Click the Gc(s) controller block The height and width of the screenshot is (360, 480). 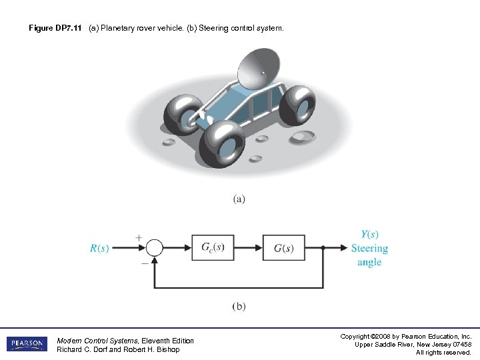pyautogui.click(x=213, y=248)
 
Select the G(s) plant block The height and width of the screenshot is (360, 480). pyautogui.click(x=284, y=248)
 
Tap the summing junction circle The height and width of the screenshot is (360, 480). pyautogui.click(x=154, y=248)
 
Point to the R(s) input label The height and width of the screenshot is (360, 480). pyautogui.click(x=99, y=249)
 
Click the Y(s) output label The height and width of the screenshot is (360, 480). pyautogui.click(x=369, y=234)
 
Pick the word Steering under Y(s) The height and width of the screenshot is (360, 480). pyautogui.click(x=369, y=248)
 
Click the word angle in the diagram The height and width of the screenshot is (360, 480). pyautogui.click(x=369, y=262)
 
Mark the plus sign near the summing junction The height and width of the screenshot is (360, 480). pyautogui.click(x=139, y=237)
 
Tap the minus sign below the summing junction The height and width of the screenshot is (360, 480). pyautogui.click(x=145, y=263)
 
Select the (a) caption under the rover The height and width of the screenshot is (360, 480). pyautogui.click(x=239, y=199)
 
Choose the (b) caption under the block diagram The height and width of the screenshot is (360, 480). pyautogui.click(x=239, y=306)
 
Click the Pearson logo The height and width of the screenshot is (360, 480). pyautogui.click(x=27, y=344)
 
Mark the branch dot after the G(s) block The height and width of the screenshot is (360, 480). pyautogui.click(x=323, y=248)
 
